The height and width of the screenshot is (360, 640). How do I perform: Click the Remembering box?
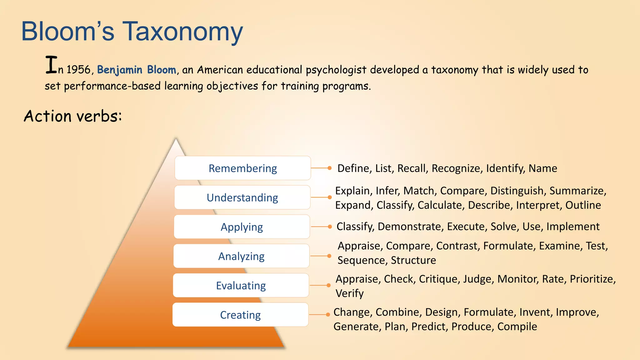pos(242,168)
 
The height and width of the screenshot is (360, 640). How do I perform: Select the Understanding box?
pos(242,197)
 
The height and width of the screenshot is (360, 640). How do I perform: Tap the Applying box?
pos(242,227)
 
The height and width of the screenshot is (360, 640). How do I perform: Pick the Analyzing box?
pos(241,256)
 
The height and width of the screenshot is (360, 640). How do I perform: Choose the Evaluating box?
pos(241,286)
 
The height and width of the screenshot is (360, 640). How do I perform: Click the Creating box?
pos(240,315)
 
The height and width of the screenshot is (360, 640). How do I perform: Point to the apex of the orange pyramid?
pos(176,140)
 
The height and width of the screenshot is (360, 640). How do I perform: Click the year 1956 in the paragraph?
pos(78,70)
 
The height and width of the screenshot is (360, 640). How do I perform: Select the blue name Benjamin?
pos(120,70)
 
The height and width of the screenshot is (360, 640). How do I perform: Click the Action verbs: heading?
pos(73,116)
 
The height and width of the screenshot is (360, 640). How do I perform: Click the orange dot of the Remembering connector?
pos(329,168)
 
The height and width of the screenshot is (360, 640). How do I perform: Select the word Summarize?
pos(577,191)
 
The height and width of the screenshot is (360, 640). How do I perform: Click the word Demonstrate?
pos(410,227)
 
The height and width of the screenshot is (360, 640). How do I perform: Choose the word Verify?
pos(349,293)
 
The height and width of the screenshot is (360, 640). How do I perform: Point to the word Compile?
pos(517,327)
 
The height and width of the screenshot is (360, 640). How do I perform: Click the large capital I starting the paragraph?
pos(51,65)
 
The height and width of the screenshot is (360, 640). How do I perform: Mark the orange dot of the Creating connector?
pos(328,315)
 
